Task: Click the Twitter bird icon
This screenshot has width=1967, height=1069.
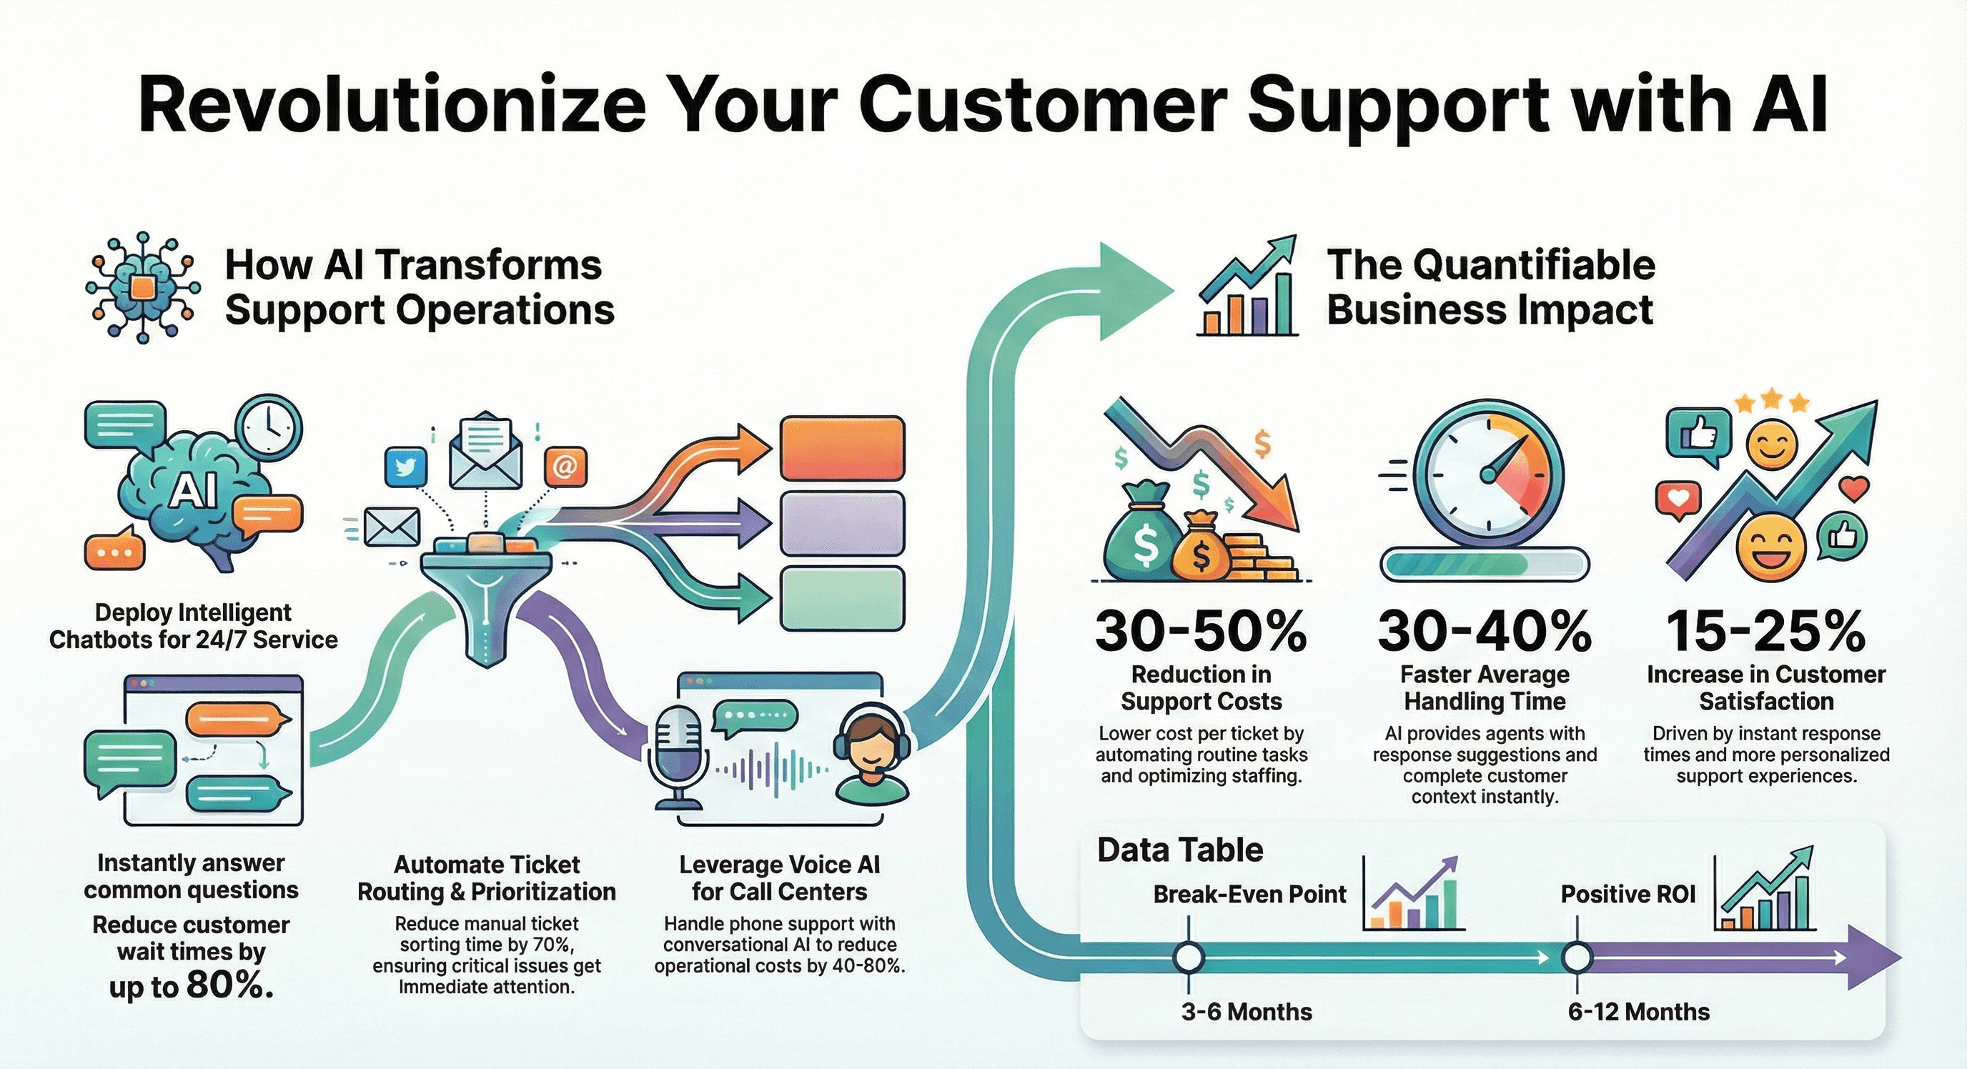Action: coord(406,467)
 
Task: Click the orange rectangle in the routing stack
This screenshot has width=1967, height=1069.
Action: coord(842,448)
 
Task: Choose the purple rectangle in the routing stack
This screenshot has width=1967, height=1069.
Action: coord(842,523)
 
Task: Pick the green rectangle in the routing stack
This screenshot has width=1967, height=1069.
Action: coord(842,599)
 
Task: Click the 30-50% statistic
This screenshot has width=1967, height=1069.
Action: coord(1200,631)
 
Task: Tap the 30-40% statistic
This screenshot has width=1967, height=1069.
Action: coord(1485,631)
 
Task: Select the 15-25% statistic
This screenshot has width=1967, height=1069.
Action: coord(1765,631)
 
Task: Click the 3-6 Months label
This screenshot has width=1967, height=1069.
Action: coord(1247,1012)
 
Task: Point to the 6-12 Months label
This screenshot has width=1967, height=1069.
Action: coord(1639,1012)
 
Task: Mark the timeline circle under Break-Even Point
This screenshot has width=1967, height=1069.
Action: coord(1189,957)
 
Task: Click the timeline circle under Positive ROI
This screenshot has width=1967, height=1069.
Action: coord(1577,957)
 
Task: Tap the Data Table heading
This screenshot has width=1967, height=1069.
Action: coord(1180,850)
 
